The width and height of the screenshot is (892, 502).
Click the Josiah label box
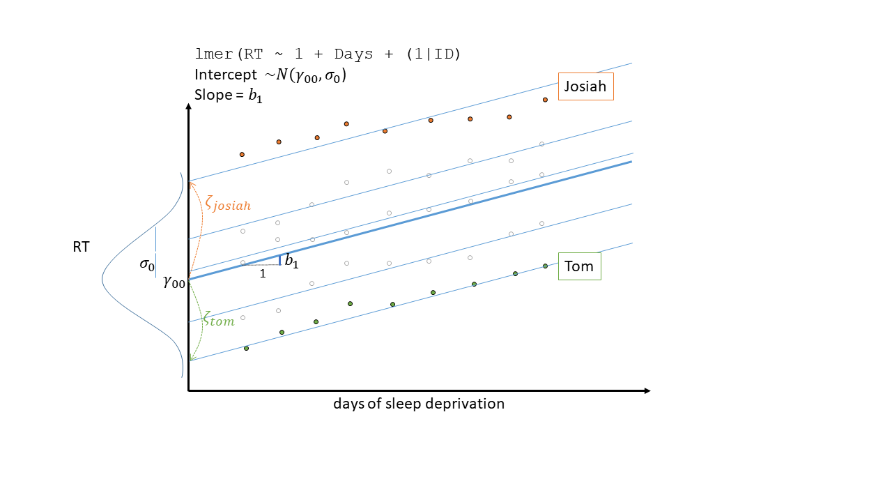(x=585, y=86)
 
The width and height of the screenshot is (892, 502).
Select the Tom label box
(x=579, y=266)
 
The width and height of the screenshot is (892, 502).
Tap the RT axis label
(x=81, y=247)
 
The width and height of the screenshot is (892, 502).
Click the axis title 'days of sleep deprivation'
(x=418, y=404)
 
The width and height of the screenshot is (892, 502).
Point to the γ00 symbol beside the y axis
(x=174, y=282)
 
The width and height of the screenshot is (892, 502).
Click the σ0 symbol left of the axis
(x=146, y=264)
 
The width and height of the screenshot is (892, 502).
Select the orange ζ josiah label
(x=227, y=204)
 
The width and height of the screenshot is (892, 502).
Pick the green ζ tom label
(x=219, y=321)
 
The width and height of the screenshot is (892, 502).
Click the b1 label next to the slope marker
(x=292, y=262)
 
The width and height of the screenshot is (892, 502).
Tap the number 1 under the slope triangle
(x=263, y=274)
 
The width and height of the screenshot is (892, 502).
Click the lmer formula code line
(x=328, y=54)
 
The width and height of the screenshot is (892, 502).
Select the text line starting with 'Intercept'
(x=270, y=75)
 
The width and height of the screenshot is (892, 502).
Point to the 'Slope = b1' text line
(x=229, y=95)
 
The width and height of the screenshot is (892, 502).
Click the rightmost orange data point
(x=545, y=100)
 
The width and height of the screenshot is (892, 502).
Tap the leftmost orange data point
(x=242, y=154)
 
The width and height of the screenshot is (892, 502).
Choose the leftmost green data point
(x=246, y=348)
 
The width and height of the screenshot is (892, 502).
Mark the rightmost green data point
(x=545, y=266)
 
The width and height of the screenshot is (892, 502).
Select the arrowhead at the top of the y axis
(x=188, y=106)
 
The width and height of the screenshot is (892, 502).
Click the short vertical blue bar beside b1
(x=280, y=260)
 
